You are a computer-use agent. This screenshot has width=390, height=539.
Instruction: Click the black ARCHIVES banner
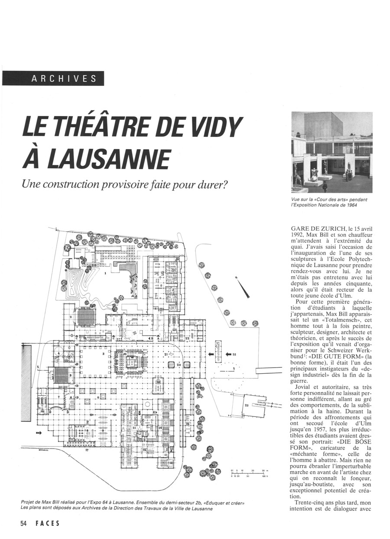[x=53, y=78]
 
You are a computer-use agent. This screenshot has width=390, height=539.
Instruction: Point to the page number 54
[x=23, y=523]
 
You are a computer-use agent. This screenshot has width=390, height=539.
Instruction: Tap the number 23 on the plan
[x=247, y=406]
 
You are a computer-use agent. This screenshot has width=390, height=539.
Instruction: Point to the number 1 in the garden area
[x=105, y=273]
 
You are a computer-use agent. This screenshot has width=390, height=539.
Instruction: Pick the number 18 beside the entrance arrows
[x=234, y=355]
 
